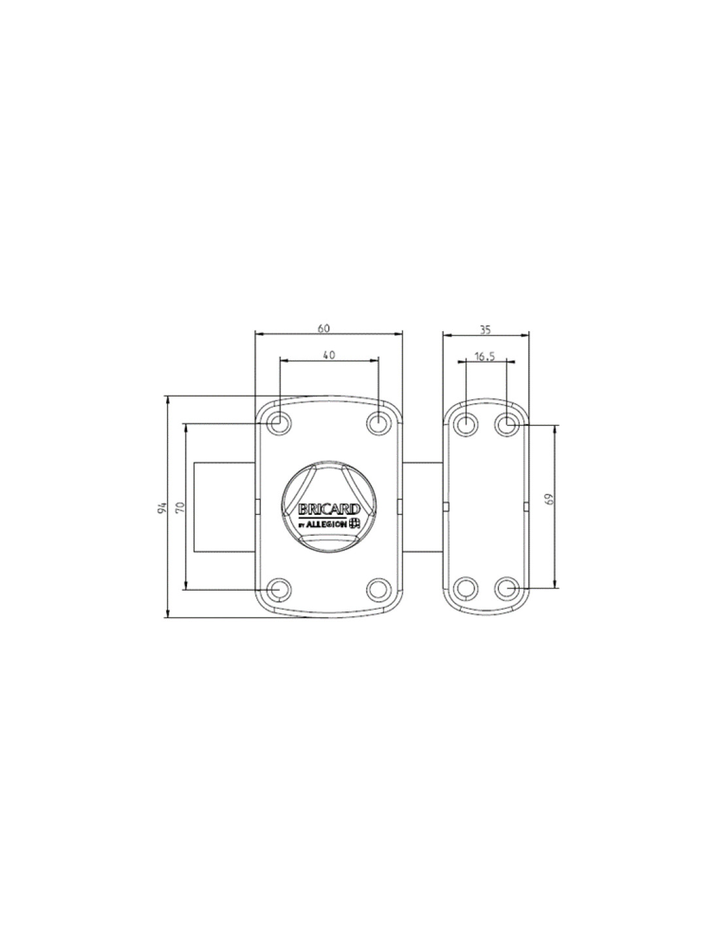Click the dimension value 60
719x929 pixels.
pyautogui.click(x=324, y=329)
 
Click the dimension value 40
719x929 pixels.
pyautogui.click(x=329, y=355)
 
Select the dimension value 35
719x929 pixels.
pyautogui.click(x=485, y=330)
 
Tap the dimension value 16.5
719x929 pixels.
pyautogui.click(x=484, y=356)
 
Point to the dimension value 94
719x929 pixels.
pyautogui.click(x=161, y=508)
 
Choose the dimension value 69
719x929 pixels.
pyautogui.click(x=550, y=498)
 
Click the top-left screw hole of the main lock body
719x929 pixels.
pyautogui.click(x=279, y=423)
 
